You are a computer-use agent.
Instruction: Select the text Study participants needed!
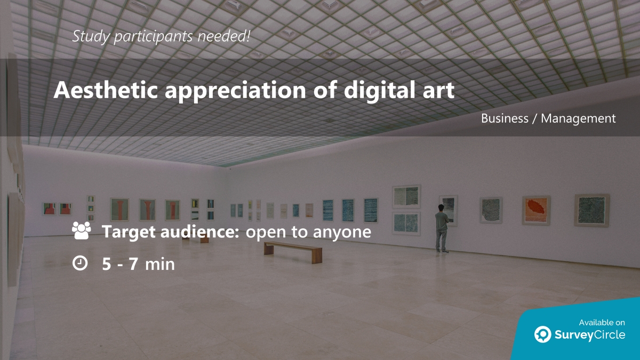click(162, 36)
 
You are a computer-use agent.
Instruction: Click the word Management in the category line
click(578, 118)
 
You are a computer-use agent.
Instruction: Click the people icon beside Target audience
click(81, 231)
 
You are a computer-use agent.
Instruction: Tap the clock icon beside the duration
click(80, 263)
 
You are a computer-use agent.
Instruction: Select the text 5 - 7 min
click(139, 263)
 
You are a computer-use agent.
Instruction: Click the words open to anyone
click(308, 232)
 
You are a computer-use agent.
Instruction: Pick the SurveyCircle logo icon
click(543, 334)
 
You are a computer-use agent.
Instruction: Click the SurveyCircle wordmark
click(590, 335)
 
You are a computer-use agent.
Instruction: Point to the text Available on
click(602, 322)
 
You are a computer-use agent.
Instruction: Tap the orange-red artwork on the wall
click(535, 210)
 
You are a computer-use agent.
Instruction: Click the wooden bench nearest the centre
click(293, 250)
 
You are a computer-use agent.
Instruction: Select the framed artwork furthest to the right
click(591, 210)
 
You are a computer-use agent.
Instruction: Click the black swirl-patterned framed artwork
click(491, 210)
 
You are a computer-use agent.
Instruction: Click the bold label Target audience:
click(170, 232)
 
